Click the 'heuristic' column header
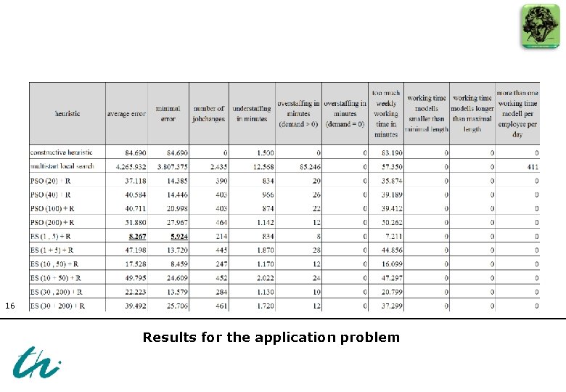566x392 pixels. pos(67,114)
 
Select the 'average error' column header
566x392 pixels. pos(126,114)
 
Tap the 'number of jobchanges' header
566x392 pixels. pos(209,114)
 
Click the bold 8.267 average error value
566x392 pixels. pos(137,237)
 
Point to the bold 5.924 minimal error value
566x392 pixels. pos(179,237)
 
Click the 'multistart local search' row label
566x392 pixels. pos(62,167)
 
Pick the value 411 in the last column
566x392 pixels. pos(532,167)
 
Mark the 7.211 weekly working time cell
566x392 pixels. pos(390,237)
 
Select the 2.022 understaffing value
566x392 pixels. pos(263,277)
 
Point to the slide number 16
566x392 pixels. pos(9,306)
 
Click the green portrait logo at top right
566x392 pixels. pos(540,26)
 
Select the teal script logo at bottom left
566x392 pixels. pos(36,362)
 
